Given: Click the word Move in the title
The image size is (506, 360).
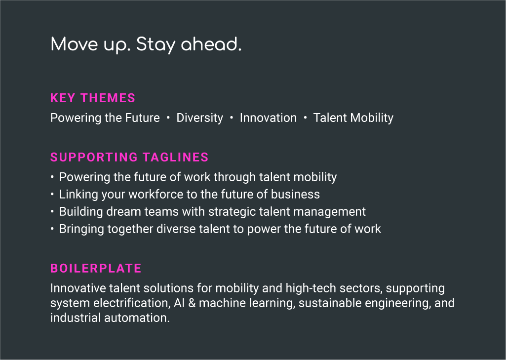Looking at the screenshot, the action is [x=74, y=44].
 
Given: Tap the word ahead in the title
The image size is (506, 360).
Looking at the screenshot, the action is [x=211, y=44].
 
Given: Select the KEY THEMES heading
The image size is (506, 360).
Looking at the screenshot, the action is [x=93, y=98].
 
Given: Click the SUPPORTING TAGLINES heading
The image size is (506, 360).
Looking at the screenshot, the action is [x=129, y=157].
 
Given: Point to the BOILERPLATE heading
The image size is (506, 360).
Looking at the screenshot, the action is [x=96, y=268].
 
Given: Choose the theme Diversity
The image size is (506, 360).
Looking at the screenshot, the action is [x=200, y=118].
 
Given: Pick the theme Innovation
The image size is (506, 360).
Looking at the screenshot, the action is [x=268, y=118].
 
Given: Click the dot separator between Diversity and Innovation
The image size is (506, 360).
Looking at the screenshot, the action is [x=232, y=118].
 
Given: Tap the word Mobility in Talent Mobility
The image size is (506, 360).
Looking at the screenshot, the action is [x=372, y=118].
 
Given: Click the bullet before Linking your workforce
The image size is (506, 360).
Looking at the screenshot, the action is [x=52, y=195].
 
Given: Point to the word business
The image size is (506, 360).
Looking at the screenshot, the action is [x=295, y=195].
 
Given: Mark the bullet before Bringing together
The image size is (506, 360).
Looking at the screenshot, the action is [x=52, y=229].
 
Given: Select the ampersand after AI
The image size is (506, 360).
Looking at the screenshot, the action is [x=192, y=303].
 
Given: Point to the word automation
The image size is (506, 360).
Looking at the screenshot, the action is [x=137, y=318].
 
